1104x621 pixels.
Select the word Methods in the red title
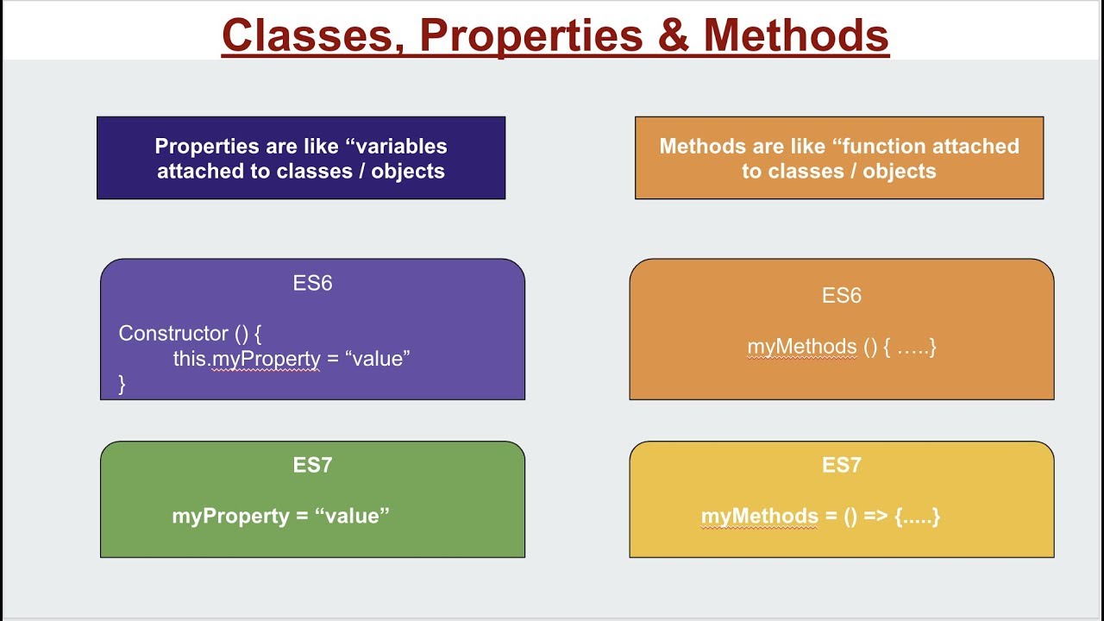tap(796, 35)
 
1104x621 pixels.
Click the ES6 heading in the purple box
tap(312, 283)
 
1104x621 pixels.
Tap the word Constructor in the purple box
tap(173, 333)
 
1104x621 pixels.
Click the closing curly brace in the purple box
tap(122, 384)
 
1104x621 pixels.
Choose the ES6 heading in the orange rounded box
tap(841, 295)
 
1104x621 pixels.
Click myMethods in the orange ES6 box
tap(802, 347)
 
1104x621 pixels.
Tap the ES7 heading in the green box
tap(312, 465)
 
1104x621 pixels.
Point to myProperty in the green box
tap(230, 517)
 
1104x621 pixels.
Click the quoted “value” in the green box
tap(352, 516)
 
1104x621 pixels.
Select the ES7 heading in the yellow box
tap(841, 465)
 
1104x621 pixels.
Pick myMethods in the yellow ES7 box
tap(760, 517)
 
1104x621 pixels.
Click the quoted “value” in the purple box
tap(378, 358)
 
